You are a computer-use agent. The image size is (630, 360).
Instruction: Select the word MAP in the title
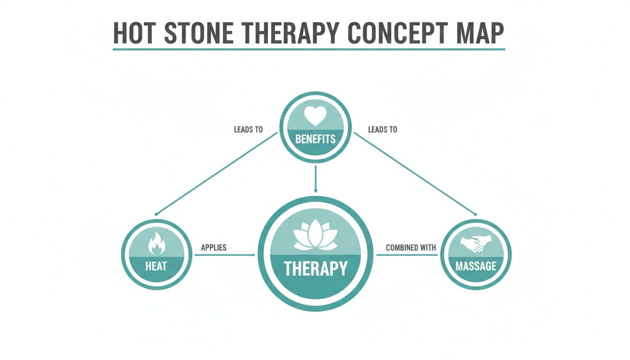pyautogui.click(x=481, y=33)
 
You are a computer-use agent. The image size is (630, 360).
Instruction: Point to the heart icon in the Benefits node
pyautogui.click(x=315, y=115)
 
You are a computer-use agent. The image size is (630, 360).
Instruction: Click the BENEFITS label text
pyautogui.click(x=315, y=139)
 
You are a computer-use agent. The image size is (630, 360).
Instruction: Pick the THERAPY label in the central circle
pyautogui.click(x=315, y=269)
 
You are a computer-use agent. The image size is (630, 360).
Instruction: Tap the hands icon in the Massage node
pyautogui.click(x=476, y=244)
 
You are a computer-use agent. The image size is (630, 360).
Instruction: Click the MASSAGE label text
pyautogui.click(x=476, y=266)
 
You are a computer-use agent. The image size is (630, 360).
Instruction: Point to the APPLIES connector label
pyautogui.click(x=214, y=247)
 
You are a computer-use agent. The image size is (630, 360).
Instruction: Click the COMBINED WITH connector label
pyautogui.click(x=411, y=247)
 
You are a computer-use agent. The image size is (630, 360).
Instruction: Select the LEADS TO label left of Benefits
pyautogui.click(x=248, y=129)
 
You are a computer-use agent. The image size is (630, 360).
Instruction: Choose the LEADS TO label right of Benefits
pyautogui.click(x=382, y=129)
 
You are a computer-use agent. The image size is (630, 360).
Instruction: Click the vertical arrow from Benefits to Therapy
pyautogui.click(x=315, y=178)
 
